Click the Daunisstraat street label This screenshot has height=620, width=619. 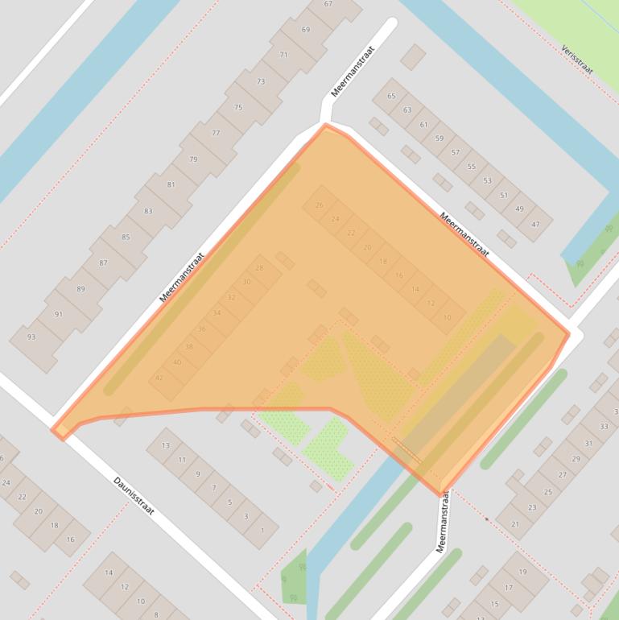[x=134, y=496]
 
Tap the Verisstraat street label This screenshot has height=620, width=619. [x=578, y=59]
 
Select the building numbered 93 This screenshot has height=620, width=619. [x=31, y=337]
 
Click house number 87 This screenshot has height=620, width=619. [x=103, y=263]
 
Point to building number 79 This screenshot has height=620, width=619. [x=193, y=159]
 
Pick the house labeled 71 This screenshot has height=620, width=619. [x=283, y=55]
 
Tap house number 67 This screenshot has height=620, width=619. [x=328, y=4]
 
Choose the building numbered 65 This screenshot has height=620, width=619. [x=392, y=96]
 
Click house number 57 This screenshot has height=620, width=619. [x=456, y=152]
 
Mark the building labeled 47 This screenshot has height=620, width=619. [x=535, y=224]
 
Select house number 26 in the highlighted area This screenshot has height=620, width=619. [x=320, y=205]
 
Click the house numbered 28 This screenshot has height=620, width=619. [x=259, y=268]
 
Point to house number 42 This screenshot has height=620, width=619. [x=159, y=378]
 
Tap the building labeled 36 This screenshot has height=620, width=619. [x=202, y=329]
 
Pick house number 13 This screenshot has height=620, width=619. [x=166, y=445]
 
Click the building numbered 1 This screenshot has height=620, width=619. [x=261, y=530]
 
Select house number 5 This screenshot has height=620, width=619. [x=229, y=502]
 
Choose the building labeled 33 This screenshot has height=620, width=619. [x=604, y=426]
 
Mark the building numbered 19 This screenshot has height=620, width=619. [x=522, y=572]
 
